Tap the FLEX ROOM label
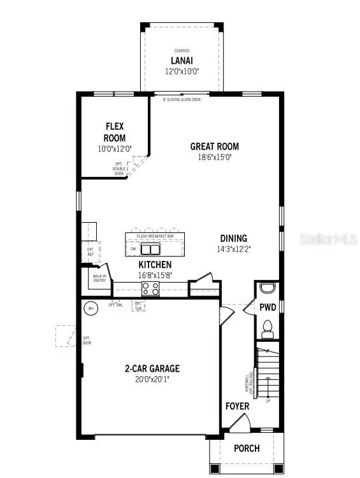[x=115, y=132]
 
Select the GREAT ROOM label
[x=215, y=146]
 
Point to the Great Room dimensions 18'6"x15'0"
[x=215, y=157]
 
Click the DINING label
[x=234, y=239]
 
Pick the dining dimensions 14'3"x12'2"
[x=234, y=250]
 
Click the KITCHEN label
[x=155, y=264]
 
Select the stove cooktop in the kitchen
[x=150, y=288]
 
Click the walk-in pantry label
[x=98, y=277]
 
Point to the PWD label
[x=268, y=307]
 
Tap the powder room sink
[x=268, y=287]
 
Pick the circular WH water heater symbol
[x=90, y=308]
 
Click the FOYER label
[x=237, y=406]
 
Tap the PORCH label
[x=247, y=448]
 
